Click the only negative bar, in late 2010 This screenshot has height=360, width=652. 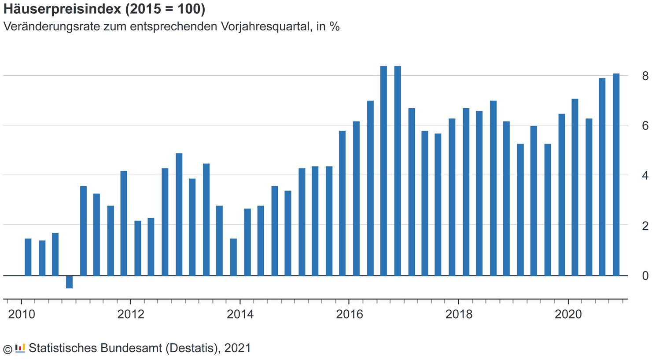pyautogui.click(x=69, y=282)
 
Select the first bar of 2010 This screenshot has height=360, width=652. pyautogui.click(x=28, y=257)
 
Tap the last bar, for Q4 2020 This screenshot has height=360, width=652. pyautogui.click(x=616, y=174)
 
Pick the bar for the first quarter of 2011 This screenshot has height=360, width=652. pyautogui.click(x=83, y=231)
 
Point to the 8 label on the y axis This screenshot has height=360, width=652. pyautogui.click(x=645, y=76)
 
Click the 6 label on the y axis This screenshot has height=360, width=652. pyautogui.click(x=645, y=126)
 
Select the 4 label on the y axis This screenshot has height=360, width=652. pyautogui.click(x=645, y=176)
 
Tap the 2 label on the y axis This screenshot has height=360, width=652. pyautogui.click(x=645, y=226)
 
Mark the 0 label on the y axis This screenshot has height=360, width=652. pyautogui.click(x=645, y=276)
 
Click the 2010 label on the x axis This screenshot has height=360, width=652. pyautogui.click(x=22, y=314)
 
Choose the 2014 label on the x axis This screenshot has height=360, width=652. pyautogui.click(x=240, y=314)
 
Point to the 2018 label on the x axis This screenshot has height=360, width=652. pyautogui.click(x=459, y=314)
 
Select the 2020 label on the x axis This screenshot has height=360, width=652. pyautogui.click(x=568, y=314)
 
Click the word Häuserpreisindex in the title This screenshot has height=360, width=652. pyautogui.click(x=62, y=9)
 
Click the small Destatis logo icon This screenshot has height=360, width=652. pyautogui.click(x=20, y=349)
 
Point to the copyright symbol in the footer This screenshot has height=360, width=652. pyautogui.click(x=7, y=349)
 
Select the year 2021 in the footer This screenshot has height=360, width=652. pyautogui.click(x=237, y=348)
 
